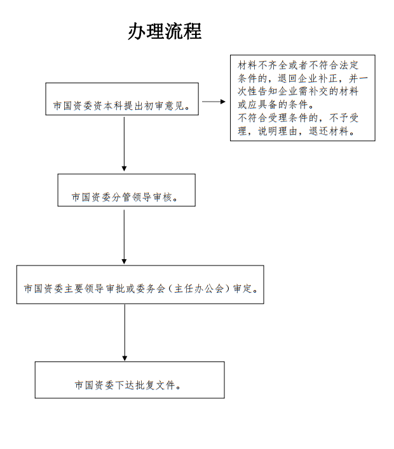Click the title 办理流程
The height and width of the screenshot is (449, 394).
165,31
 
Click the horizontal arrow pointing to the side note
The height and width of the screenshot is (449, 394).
214,102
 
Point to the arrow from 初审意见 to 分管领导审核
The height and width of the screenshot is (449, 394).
124,144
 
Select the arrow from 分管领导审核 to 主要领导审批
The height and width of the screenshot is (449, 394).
124,237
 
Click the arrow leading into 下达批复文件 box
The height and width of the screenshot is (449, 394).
125,332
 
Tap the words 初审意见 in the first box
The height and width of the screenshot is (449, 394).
165,106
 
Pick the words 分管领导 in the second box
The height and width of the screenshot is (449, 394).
132,198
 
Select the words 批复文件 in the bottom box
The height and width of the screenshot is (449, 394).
155,385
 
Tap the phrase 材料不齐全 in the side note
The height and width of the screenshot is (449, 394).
262,65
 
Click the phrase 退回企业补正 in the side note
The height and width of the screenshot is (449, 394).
308,79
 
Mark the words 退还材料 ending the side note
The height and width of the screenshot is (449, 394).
329,131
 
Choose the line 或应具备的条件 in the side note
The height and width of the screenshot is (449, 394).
273,105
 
